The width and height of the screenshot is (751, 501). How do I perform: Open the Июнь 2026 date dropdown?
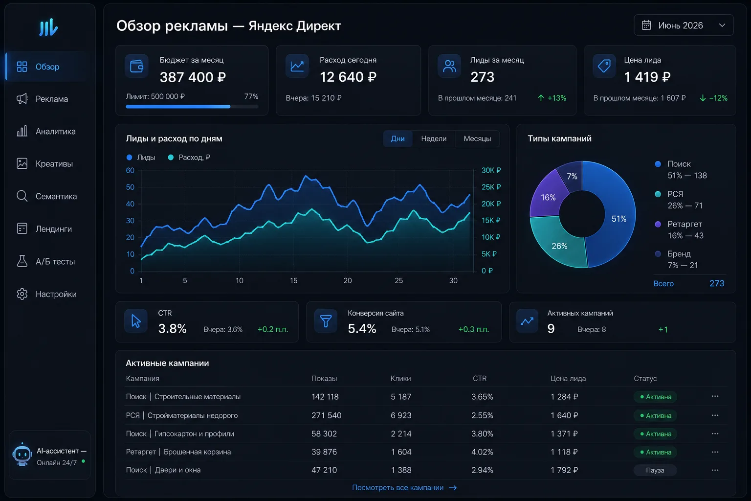click(x=683, y=25)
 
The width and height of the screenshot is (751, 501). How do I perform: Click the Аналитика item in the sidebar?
click(x=56, y=131)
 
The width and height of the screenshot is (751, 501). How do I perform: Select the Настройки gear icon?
click(x=22, y=294)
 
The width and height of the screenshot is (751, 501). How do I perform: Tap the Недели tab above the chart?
click(x=434, y=138)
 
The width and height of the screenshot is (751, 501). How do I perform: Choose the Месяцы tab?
click(x=477, y=138)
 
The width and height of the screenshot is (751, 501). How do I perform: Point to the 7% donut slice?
click(x=572, y=176)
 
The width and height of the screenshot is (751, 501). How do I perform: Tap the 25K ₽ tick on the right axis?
click(x=491, y=187)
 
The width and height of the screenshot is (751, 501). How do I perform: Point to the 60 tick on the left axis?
click(x=130, y=170)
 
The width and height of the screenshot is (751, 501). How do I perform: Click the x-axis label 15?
click(x=294, y=280)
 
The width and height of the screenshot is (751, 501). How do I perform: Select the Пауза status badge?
click(x=655, y=470)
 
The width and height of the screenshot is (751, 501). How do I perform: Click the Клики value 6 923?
click(x=401, y=415)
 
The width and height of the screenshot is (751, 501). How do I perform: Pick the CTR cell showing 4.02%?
click(x=482, y=452)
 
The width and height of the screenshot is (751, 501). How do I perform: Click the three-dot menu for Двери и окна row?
click(x=715, y=470)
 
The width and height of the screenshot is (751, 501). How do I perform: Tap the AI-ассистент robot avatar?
click(x=22, y=455)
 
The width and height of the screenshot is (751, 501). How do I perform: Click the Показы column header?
click(x=324, y=379)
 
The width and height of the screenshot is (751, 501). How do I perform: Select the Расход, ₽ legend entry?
click(x=189, y=158)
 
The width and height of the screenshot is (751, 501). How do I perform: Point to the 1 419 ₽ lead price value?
click(x=647, y=77)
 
